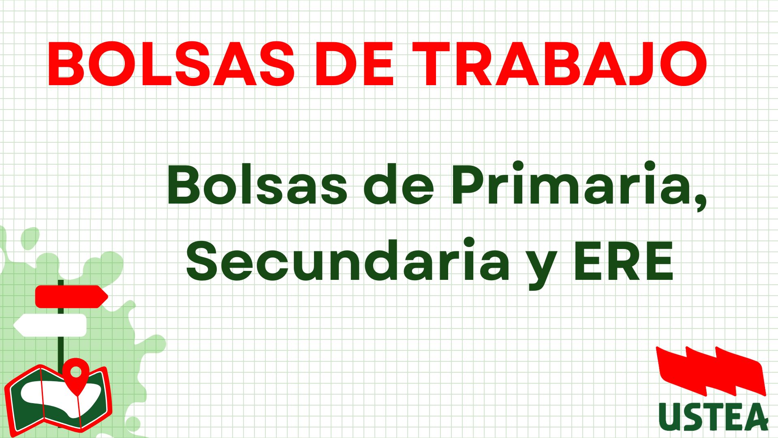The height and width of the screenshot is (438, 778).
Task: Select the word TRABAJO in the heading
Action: pos(559,64)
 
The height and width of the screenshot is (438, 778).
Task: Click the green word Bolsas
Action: pos(257,184)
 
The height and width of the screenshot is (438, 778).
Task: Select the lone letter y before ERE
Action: pos(541,268)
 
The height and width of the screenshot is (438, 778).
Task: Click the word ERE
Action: pos(624,260)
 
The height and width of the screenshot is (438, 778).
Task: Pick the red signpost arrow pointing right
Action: pos(72,296)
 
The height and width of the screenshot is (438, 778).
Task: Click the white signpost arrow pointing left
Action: pos(50,325)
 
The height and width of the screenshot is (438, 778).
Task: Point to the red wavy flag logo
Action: pos(711,371)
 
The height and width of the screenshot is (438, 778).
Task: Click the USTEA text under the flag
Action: pos(713,417)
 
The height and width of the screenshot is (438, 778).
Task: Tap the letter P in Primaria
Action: pos(470,184)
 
